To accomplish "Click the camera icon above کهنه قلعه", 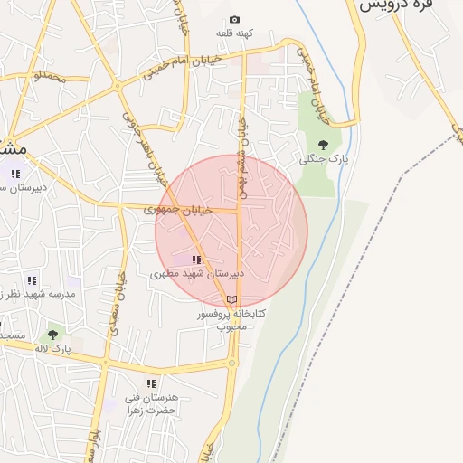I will (x=235, y=19).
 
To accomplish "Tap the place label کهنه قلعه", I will (x=234, y=33).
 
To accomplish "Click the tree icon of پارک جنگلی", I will (x=323, y=144).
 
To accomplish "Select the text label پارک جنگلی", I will (x=323, y=158).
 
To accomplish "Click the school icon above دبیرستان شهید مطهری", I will (x=196, y=260).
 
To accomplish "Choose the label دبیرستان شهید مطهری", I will (x=197, y=272).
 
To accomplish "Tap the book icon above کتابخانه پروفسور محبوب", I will (x=232, y=299).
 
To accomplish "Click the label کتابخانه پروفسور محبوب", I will (x=233, y=318).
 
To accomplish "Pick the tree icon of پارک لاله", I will (x=52, y=335).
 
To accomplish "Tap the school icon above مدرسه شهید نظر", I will (x=32, y=281).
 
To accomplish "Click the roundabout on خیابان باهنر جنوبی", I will (x=117, y=85).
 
